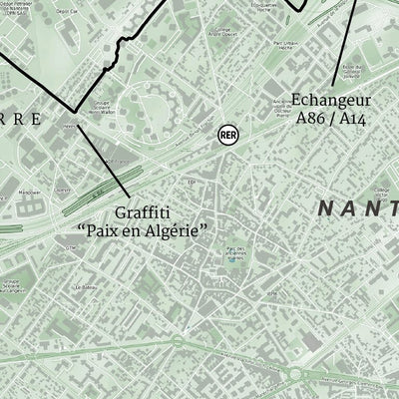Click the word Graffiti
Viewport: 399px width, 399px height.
[142, 212]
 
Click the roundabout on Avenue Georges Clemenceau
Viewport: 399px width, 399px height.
[299, 375]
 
